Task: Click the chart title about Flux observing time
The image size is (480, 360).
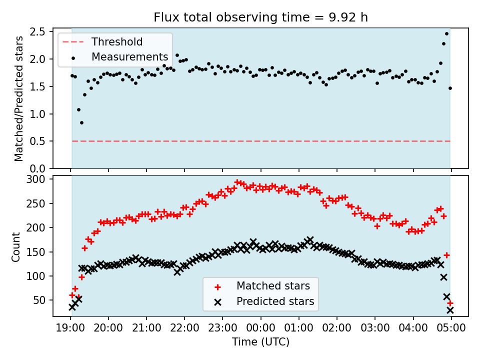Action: coord(260,17)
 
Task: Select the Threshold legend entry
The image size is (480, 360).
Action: coord(116,42)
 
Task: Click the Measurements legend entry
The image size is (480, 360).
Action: coord(129,57)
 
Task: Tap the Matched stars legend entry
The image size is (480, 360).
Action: coord(273,286)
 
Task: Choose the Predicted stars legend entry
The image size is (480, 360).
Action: coord(275,301)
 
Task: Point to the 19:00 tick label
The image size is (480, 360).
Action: coord(70,329)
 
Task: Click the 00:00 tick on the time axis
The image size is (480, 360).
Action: coord(261,329)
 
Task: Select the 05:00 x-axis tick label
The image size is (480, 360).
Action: coord(451,329)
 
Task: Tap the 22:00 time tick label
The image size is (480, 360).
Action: coord(184,329)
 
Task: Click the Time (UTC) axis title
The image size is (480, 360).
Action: coord(260,342)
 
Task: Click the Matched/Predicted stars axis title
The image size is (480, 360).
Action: coord(19,98)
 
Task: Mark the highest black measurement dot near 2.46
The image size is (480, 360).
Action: coord(446,34)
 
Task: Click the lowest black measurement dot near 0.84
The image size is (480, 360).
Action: coord(81,122)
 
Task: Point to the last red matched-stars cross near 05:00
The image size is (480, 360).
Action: coord(450,303)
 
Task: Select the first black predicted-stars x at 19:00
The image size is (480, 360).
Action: coord(72,307)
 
